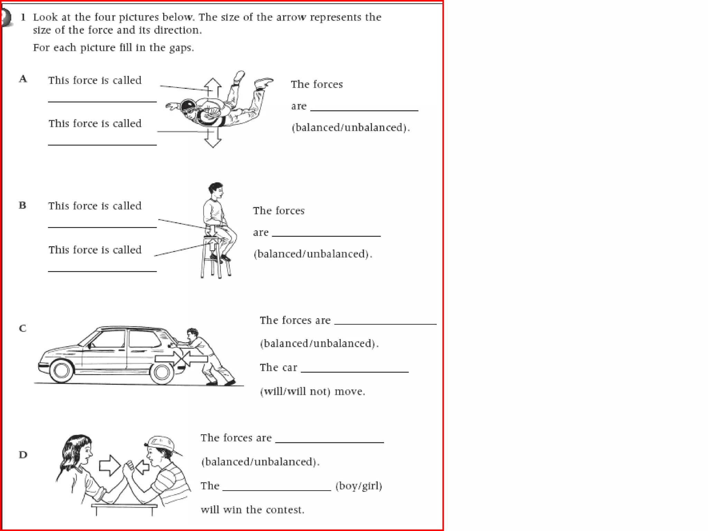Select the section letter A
23,79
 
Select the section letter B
22,205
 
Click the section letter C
22,328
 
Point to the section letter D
23,455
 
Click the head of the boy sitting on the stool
216,190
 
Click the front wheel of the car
62,371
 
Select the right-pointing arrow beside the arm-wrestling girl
109,465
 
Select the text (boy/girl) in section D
358,486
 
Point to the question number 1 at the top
23,17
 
